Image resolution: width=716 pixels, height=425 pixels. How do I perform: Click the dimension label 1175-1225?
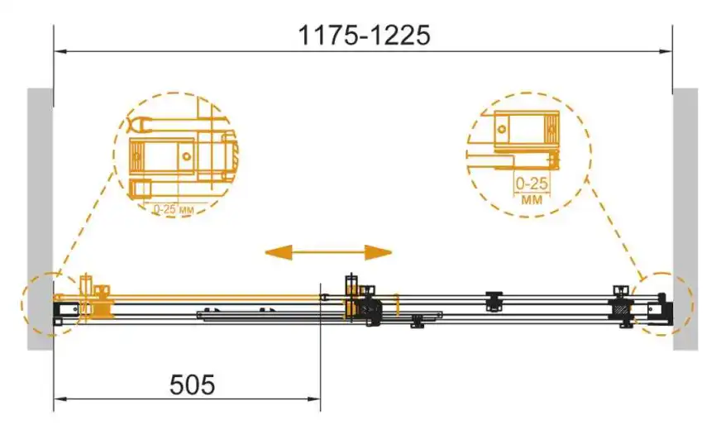(x=364, y=36)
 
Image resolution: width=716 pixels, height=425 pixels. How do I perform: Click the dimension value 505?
(x=192, y=384)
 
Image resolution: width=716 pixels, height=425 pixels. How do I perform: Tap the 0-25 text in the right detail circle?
(x=532, y=184)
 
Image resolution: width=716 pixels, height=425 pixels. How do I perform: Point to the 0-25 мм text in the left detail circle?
(x=174, y=209)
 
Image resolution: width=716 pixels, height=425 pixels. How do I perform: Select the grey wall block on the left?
(x=40, y=219)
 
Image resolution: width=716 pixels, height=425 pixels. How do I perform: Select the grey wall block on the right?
(x=685, y=219)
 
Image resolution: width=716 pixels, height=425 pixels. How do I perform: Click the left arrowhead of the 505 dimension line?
(x=60, y=399)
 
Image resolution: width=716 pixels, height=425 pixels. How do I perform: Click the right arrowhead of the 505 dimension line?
(x=314, y=399)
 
